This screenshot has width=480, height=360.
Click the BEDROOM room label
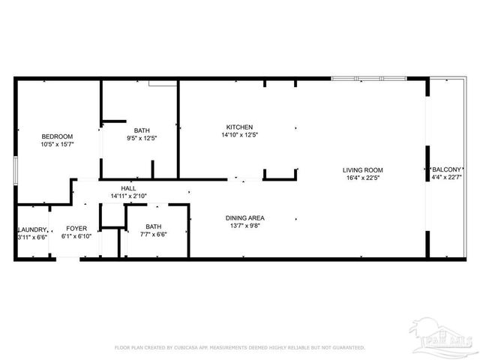pyautogui.click(x=56, y=135)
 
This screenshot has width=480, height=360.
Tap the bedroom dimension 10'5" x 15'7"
pyautogui.click(x=56, y=143)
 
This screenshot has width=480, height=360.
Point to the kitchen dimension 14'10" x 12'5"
pyautogui.click(x=239, y=135)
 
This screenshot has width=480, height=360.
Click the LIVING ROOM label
pyautogui.click(x=363, y=169)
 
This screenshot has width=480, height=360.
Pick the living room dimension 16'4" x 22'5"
pyautogui.click(x=363, y=178)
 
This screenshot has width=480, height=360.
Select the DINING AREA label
pyautogui.click(x=245, y=218)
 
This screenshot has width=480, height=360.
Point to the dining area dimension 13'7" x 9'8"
pyautogui.click(x=245, y=226)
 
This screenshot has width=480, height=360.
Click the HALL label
pyautogui.click(x=128, y=187)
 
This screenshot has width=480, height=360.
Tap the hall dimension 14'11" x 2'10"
pyautogui.click(x=128, y=196)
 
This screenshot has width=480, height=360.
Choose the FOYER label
pyautogui.click(x=76, y=228)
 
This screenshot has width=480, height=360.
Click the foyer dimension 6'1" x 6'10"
pyautogui.click(x=76, y=236)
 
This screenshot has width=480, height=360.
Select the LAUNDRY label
pyautogui.click(x=32, y=229)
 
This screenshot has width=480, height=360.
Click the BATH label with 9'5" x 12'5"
pyautogui.click(x=142, y=129)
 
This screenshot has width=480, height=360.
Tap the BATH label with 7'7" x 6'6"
pyautogui.click(x=153, y=226)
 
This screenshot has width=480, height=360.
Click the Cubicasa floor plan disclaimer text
pyautogui.click(x=239, y=347)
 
